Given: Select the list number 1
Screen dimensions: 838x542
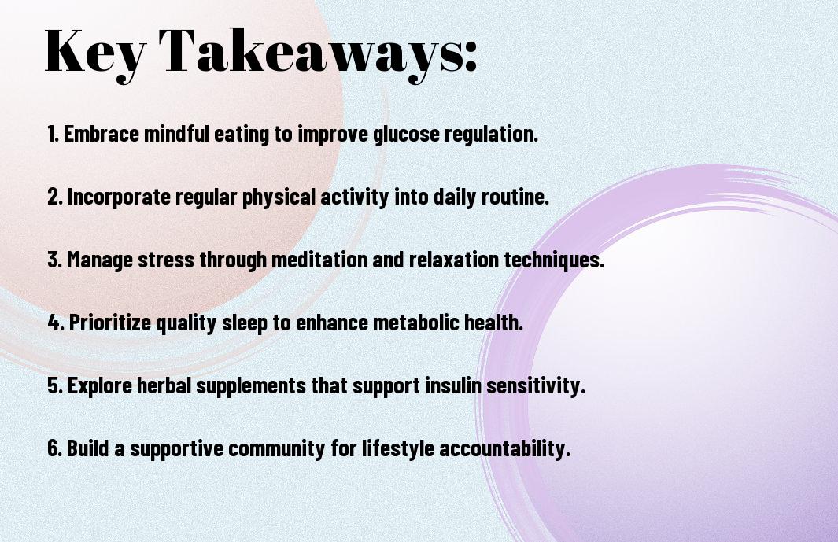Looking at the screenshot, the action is [x=53, y=134].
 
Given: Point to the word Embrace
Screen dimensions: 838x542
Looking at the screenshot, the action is [x=102, y=134].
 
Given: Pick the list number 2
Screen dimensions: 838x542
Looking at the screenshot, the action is [x=55, y=197].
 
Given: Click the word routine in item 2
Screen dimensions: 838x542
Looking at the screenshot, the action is [x=515, y=197].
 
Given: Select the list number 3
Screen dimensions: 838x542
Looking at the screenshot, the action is [x=55, y=260].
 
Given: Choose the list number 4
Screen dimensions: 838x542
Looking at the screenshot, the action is [x=56, y=323].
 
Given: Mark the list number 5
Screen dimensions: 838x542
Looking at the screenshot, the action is [x=56, y=385].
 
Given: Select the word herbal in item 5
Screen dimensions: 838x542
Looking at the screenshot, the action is [x=164, y=385].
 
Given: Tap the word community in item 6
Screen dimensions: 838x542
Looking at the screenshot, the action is [x=276, y=448].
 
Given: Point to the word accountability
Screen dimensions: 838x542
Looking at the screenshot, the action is [x=504, y=448].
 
